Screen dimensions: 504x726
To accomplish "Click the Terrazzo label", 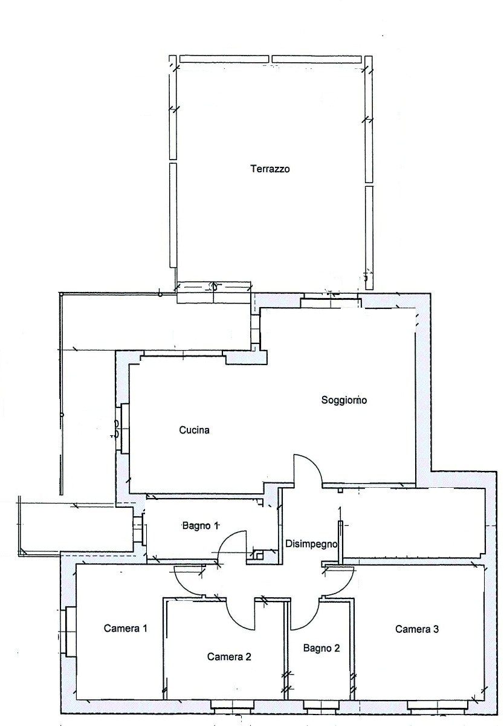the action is pyautogui.click(x=270, y=169).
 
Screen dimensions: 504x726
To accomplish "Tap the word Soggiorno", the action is pyautogui.click(x=344, y=400).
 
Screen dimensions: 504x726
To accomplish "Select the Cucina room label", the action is pyautogui.click(x=194, y=430).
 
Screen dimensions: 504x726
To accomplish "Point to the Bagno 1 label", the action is pyautogui.click(x=200, y=525).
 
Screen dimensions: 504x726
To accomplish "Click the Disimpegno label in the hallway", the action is pyautogui.click(x=311, y=544).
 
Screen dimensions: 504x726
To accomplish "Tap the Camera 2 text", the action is pyautogui.click(x=229, y=656).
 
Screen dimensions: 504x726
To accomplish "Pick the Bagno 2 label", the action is pyautogui.click(x=321, y=648).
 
